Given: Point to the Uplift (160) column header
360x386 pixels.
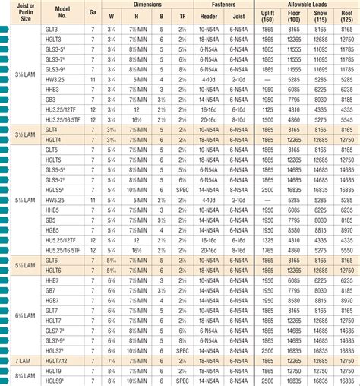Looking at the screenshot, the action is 266,15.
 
